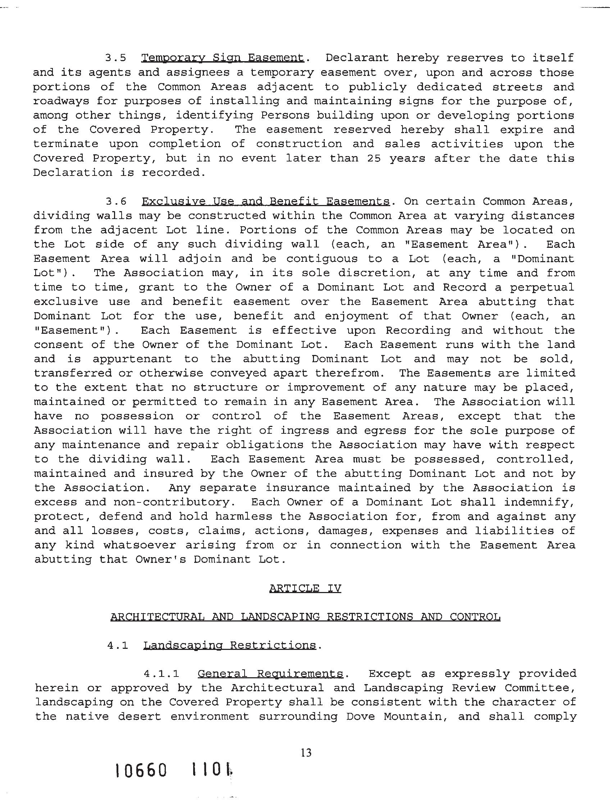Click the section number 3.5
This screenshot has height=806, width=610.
point(116,58)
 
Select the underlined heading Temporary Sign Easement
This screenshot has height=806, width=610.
point(222,58)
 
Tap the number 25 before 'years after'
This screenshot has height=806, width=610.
point(373,159)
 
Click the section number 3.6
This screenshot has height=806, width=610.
point(116,201)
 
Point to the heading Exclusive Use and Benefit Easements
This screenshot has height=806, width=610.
point(266,201)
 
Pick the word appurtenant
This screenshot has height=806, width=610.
point(132,359)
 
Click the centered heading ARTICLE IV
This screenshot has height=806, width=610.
point(305,588)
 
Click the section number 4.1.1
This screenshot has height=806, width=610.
point(161,674)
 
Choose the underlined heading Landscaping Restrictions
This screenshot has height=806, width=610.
point(229,646)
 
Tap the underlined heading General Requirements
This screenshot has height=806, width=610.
point(270,674)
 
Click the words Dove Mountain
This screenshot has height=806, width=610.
point(395,717)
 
